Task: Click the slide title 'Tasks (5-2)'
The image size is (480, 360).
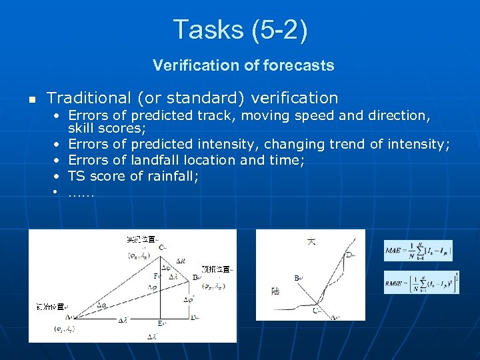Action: coord(240,30)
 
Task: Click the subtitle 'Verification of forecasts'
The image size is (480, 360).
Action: coord(243,65)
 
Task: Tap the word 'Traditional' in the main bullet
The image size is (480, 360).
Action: coord(89,98)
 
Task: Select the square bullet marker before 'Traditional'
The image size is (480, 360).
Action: coord(31,99)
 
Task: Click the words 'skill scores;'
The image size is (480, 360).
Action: coord(107,127)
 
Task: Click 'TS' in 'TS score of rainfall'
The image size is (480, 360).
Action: coord(77,177)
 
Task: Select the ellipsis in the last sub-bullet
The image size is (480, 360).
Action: coord(81,193)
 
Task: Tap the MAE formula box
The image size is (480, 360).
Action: coord(418,251)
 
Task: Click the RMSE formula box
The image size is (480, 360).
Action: coord(421,282)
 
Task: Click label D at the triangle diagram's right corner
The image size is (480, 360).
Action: coord(193,317)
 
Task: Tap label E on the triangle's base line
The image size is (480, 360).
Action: coord(161,323)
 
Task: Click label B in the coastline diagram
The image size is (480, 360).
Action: coord(296,277)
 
